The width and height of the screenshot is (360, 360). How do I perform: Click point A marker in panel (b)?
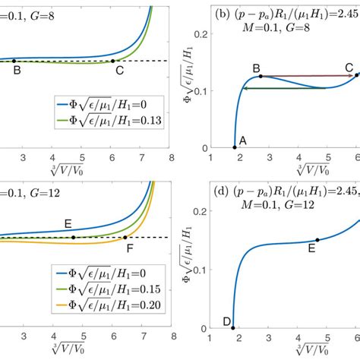coord(234,147)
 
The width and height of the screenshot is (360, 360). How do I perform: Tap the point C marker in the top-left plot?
coord(113,61)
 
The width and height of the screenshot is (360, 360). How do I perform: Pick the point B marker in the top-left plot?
coord(17,61)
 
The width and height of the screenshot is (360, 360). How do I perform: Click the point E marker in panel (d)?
coord(317,240)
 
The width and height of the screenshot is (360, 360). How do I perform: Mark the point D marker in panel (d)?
coord(233,328)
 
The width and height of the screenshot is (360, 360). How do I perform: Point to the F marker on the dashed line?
coord(125,238)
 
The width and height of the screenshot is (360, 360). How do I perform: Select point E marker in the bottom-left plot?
coord(73,238)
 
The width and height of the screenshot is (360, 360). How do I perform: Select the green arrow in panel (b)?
coord(285,89)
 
